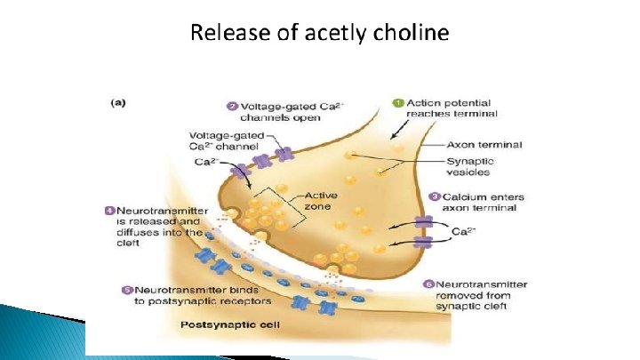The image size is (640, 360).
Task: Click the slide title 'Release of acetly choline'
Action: tap(320, 35)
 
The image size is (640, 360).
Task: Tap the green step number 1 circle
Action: tap(399, 102)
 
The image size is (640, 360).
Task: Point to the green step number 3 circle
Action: tap(436, 197)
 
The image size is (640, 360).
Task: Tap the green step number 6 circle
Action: tap(428, 285)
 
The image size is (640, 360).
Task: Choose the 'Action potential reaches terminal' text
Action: tap(452, 108)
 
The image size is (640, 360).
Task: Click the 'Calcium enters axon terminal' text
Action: tap(483, 203)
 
